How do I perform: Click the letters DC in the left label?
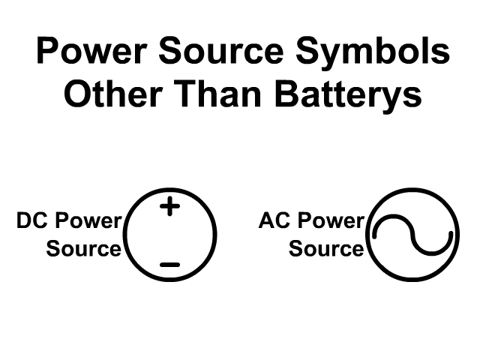(x=31, y=221)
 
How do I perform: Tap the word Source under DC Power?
(x=83, y=248)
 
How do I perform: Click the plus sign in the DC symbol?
(x=170, y=205)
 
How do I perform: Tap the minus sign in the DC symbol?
(x=170, y=264)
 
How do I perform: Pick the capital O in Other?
(x=78, y=95)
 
